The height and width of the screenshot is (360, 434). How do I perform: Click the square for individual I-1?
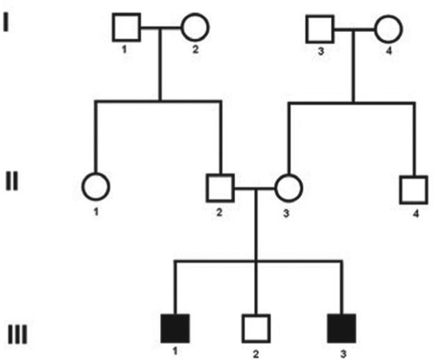[126, 28]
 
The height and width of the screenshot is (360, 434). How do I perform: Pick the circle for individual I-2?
[195, 28]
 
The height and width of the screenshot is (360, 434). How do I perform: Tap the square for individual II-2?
[220, 188]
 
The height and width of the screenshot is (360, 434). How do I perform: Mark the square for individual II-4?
[413, 188]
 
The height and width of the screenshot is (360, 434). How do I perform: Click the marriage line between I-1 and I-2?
[161, 28]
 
